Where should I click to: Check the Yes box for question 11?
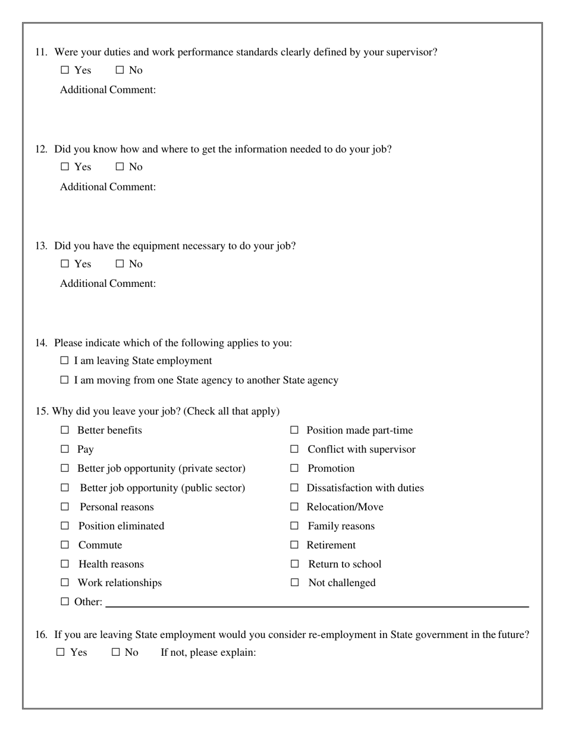coord(65,70)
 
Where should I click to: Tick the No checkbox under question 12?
coord(120,167)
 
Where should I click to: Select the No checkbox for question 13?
coord(120,264)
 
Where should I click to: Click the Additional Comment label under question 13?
coord(108,284)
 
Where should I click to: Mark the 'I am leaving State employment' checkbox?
coord(65,361)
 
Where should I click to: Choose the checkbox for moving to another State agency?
coord(65,380)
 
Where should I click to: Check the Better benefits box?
coord(65,430)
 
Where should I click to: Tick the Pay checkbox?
coord(65,449)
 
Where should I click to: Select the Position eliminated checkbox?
coord(65,526)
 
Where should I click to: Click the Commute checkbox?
coord(65,545)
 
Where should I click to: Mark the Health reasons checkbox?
coord(65,564)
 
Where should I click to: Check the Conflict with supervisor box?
coord(294,449)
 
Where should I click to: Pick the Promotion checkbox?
coord(294,468)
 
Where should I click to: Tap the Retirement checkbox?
coord(294,545)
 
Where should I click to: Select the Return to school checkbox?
coord(294,564)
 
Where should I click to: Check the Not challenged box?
coord(294,583)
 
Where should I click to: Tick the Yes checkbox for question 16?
coord(61,652)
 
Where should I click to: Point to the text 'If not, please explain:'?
coord(208,653)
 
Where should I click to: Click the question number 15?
coord(41,411)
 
